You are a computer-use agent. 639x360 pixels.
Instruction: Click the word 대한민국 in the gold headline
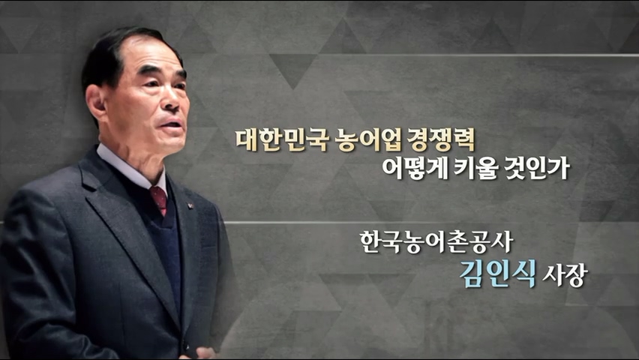pyautogui.click(x=282, y=140)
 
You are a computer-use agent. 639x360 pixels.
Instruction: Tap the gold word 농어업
pyautogui.click(x=369, y=140)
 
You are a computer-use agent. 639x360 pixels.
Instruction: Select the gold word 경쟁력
pyautogui.click(x=441, y=140)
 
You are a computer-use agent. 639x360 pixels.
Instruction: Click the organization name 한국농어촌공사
pyautogui.click(x=436, y=242)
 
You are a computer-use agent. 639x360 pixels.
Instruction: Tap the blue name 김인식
pyautogui.click(x=497, y=274)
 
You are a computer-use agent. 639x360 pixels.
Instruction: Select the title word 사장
pyautogui.click(x=565, y=275)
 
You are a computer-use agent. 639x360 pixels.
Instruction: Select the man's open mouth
pyautogui.click(x=172, y=124)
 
